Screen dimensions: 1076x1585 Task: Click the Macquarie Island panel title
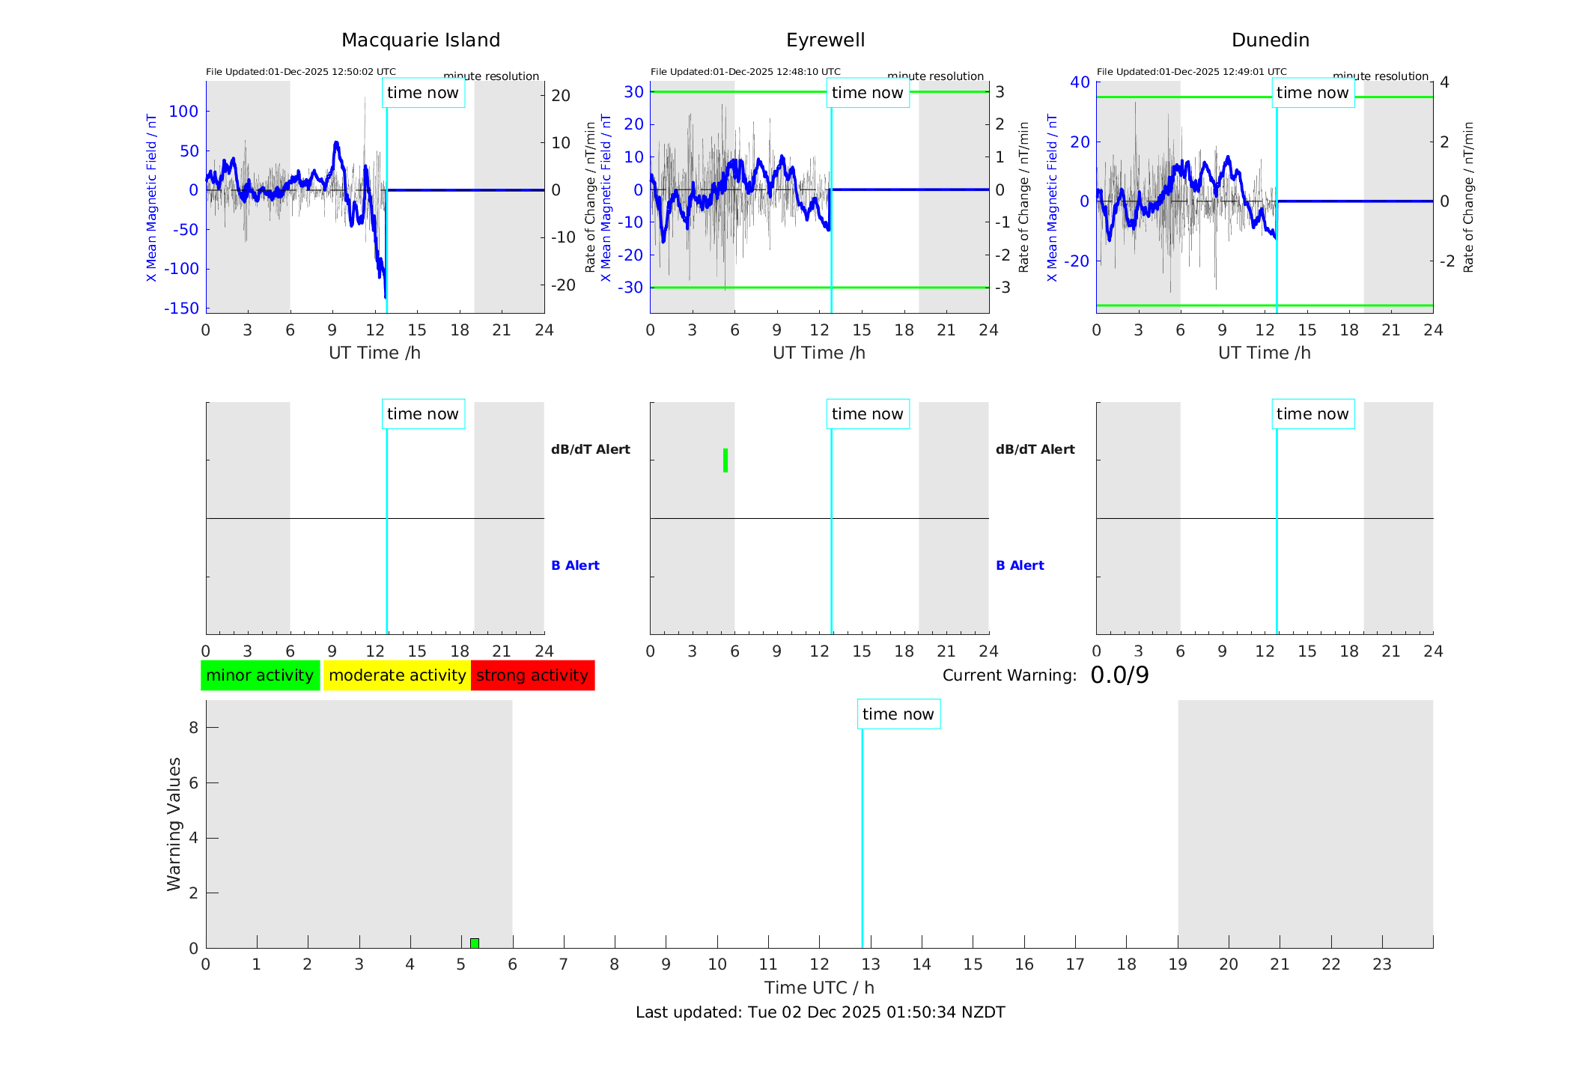[421, 40]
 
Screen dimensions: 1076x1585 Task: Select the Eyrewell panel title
[825, 40]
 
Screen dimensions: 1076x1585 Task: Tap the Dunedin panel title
[1270, 40]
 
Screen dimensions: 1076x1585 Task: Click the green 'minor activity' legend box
[260, 675]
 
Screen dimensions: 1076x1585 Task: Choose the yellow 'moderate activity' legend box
[397, 675]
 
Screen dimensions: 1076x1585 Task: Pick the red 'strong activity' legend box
[532, 675]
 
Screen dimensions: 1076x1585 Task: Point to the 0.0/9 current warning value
[1119, 675]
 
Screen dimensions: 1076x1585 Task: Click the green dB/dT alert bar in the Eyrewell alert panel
[725, 461]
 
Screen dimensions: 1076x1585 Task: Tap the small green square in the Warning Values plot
[475, 943]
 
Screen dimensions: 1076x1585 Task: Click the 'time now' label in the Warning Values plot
[898, 714]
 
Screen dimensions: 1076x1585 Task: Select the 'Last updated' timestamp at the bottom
[820, 1012]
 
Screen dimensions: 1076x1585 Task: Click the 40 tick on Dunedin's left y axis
[1079, 82]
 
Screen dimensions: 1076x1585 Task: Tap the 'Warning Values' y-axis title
[174, 824]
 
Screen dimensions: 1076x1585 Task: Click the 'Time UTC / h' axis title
[819, 988]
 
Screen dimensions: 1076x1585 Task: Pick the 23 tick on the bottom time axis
[1381, 964]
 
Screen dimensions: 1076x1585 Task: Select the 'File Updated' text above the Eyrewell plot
[745, 72]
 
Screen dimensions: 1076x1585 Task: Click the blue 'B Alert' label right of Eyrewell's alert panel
[1020, 565]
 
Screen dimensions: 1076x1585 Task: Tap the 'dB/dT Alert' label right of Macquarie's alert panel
[590, 449]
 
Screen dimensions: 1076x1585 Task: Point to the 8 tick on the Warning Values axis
[193, 727]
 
